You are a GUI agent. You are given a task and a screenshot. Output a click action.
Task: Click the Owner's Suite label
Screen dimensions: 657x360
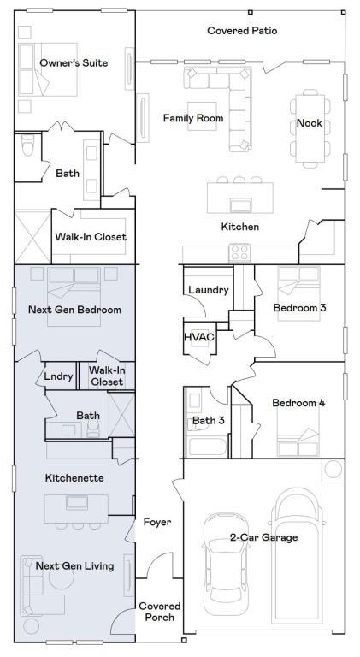click(74, 63)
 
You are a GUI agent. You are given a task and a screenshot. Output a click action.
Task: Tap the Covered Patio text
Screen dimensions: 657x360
click(242, 31)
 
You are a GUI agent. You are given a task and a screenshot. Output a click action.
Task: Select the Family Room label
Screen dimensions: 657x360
click(193, 118)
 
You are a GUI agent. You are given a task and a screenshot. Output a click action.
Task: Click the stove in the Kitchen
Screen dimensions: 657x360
click(239, 253)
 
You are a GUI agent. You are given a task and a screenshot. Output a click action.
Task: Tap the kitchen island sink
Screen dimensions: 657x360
click(240, 204)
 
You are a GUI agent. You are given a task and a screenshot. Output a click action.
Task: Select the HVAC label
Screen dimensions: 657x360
click(198, 336)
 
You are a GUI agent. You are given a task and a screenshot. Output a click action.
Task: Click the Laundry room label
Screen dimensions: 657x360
click(208, 290)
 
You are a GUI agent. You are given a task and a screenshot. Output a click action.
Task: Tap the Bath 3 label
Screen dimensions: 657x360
click(208, 420)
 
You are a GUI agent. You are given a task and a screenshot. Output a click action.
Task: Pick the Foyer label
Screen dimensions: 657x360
click(157, 522)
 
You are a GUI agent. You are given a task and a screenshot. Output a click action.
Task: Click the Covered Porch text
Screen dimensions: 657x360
click(159, 612)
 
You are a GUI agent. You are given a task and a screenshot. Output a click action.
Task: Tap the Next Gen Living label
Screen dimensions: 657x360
click(74, 566)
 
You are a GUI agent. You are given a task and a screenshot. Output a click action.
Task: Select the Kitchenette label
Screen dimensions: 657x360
click(74, 478)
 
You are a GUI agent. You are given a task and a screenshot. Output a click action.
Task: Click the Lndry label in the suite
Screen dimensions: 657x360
click(59, 376)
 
